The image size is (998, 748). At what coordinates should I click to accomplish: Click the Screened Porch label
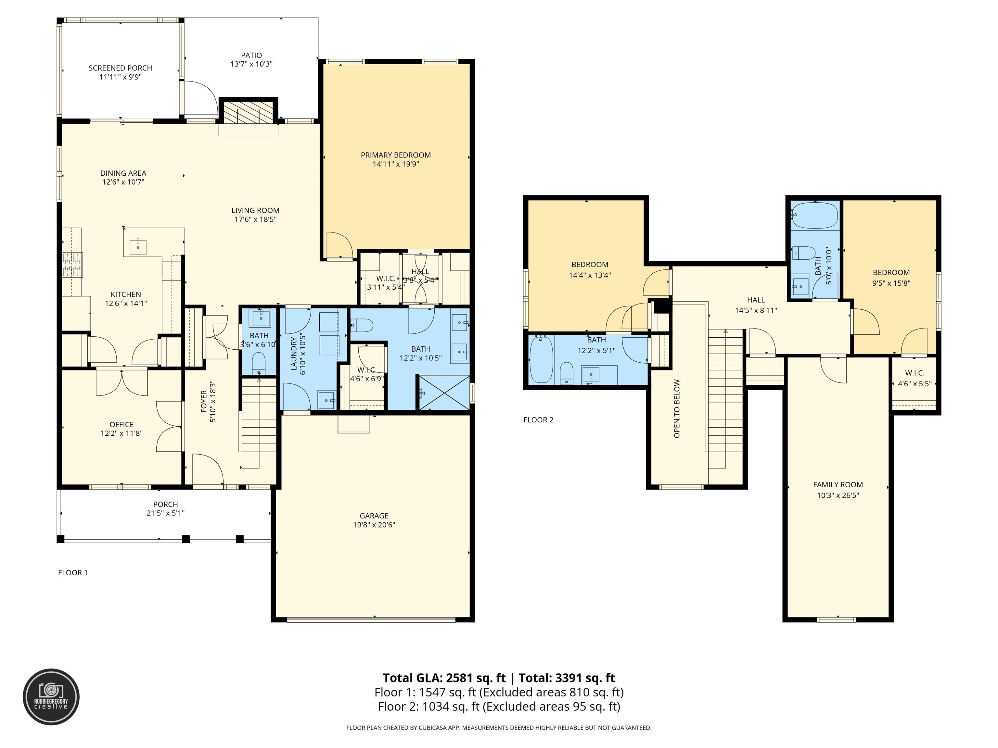pyautogui.click(x=121, y=68)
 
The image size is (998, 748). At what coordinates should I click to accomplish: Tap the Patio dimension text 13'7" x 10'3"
pyautogui.click(x=251, y=64)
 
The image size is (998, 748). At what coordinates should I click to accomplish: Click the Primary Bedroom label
pyautogui.click(x=396, y=155)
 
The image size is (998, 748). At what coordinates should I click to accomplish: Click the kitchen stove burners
pyautogui.click(x=73, y=265)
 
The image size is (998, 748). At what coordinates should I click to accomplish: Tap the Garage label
pyautogui.click(x=374, y=516)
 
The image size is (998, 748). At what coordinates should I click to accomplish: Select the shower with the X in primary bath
pyautogui.click(x=444, y=393)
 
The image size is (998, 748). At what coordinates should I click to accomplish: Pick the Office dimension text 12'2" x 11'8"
pyautogui.click(x=122, y=433)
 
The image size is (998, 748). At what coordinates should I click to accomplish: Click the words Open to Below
pyautogui.click(x=677, y=408)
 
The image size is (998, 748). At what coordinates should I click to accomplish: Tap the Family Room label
pyautogui.click(x=838, y=485)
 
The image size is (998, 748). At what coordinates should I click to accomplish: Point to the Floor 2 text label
pyautogui.click(x=538, y=420)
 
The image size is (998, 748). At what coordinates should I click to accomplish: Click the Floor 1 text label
pyautogui.click(x=73, y=573)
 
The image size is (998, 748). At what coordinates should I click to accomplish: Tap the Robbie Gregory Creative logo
pyautogui.click(x=51, y=697)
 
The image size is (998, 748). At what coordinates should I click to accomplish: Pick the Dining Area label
pyautogui.click(x=123, y=173)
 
